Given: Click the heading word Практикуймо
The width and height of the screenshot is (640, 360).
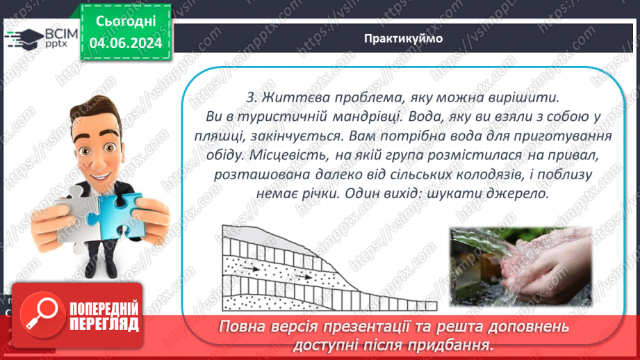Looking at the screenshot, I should click(402, 38).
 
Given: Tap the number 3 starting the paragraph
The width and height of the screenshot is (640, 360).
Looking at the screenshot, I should click(252, 95).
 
